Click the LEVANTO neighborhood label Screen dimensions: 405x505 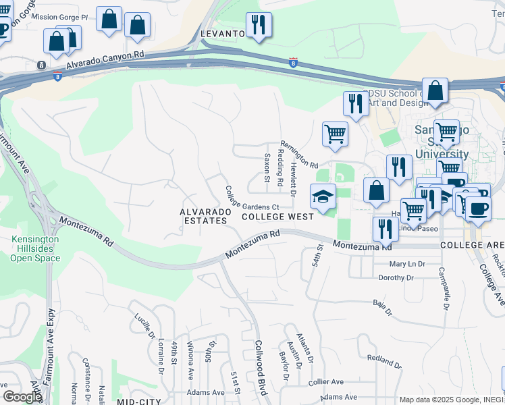[221, 33]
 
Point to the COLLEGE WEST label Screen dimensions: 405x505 [277, 217]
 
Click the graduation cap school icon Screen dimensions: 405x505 [323, 196]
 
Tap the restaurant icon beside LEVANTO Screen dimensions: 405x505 [258, 25]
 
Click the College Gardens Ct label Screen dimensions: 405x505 [252, 198]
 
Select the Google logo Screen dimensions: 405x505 [23, 396]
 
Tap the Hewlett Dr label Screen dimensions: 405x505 [293, 178]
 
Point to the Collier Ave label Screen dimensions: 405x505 [326, 381]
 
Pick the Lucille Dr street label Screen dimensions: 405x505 [143, 325]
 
